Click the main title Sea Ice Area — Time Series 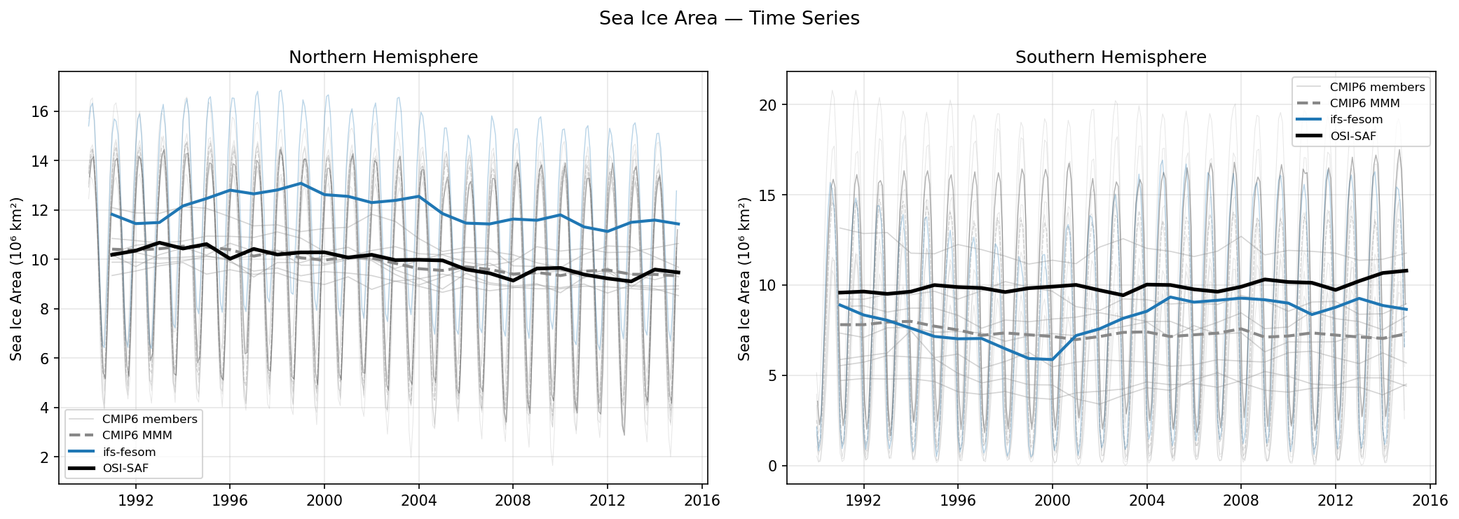(729, 18)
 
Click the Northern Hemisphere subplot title (383, 57)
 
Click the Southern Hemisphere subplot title (1111, 57)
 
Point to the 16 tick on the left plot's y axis (40, 112)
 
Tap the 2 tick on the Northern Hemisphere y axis (45, 457)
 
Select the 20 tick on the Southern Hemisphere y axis (768, 105)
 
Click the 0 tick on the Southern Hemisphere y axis (772, 466)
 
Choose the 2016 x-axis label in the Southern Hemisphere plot (1430, 501)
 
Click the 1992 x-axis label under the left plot (135, 501)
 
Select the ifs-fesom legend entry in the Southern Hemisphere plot (1356, 120)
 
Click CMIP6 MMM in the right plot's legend (1364, 104)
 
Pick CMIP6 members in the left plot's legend (149, 419)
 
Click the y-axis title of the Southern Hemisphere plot (744, 279)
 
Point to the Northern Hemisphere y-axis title (16, 279)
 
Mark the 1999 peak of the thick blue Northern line (301, 184)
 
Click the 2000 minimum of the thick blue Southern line (1051, 359)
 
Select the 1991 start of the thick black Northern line (111, 255)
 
